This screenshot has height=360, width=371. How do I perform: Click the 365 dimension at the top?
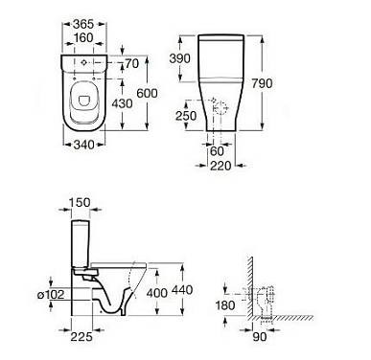pos(83,24)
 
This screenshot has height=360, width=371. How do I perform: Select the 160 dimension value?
pos(83,37)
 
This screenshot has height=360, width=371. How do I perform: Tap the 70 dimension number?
pos(132,63)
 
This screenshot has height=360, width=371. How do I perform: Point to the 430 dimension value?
pos(122,103)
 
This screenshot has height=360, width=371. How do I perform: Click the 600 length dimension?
pos(147,93)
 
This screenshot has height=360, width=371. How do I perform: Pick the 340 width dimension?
pos(84,145)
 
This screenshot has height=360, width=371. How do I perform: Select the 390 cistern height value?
pos(179,58)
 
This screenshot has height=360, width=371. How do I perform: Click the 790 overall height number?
pos(262,83)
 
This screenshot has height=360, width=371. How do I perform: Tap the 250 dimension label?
pos(186,116)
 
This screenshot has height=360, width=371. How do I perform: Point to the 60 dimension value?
pos(217,151)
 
